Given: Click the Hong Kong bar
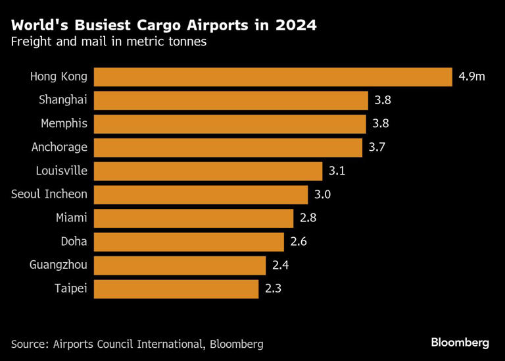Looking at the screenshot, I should pyautogui.click(x=273, y=76).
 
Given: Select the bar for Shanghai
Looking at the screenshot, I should pyautogui.click(x=231, y=100).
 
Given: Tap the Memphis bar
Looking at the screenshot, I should pyautogui.click(x=229, y=124).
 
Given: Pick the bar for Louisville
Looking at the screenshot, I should pyautogui.click(x=208, y=171).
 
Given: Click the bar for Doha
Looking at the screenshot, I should pyautogui.click(x=189, y=242).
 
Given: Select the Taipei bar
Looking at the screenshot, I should pyautogui.click(x=176, y=289).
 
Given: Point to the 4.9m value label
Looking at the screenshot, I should pyautogui.click(x=472, y=76).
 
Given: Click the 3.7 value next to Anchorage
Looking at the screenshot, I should pyautogui.click(x=377, y=148).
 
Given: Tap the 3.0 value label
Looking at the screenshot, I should pyautogui.click(x=322, y=195).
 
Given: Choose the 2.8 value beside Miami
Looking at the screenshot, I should pyautogui.click(x=308, y=218).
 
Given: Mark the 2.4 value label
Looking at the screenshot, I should pyautogui.click(x=281, y=265).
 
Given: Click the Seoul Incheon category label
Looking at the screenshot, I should pyautogui.click(x=49, y=194).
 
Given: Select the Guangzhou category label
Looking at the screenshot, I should pyautogui.click(x=58, y=265).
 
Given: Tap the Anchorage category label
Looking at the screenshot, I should pyautogui.click(x=59, y=148).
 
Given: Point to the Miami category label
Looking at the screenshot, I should pyautogui.click(x=72, y=218).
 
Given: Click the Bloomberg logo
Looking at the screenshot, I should pyautogui.click(x=460, y=343).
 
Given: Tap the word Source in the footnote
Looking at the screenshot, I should pyautogui.click(x=30, y=343).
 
